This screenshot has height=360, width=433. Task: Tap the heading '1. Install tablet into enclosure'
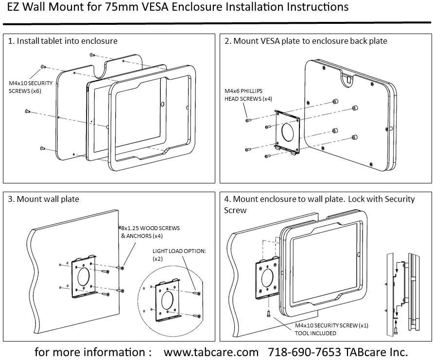pos(63,41)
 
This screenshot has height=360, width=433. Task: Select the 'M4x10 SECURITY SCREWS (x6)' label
pos(31,87)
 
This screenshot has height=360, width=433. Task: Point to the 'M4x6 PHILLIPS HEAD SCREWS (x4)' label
pos(248,94)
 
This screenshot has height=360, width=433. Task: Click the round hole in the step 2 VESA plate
pos(288,131)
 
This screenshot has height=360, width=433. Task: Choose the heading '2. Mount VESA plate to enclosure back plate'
pos(306,41)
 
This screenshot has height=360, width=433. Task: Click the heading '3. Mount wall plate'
pos(43,199)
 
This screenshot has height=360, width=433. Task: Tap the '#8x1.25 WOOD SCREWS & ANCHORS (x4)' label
pos(149,232)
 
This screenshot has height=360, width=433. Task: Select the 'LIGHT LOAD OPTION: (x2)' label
pos(179,254)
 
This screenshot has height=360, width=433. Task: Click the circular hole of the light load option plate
pos(167,300)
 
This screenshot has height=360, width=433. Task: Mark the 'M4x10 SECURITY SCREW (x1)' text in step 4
pos(331,325)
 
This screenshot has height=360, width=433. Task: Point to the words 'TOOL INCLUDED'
pos(315,333)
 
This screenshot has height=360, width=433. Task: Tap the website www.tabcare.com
pos(211,352)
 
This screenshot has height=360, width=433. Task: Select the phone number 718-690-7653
pos(305,352)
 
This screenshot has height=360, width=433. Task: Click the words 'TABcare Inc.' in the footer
pos(376,352)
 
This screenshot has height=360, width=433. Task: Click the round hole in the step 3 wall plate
pos(84,277)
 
